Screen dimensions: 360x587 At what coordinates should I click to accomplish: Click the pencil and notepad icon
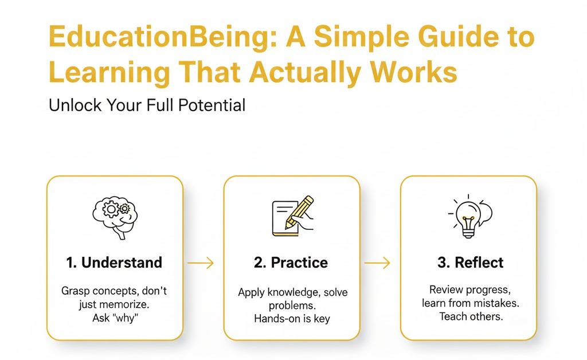pyautogui.click(x=292, y=216)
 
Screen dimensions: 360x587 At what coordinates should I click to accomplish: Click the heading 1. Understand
pyautogui.click(x=114, y=263)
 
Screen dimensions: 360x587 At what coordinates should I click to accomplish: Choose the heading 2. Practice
pyautogui.click(x=291, y=263)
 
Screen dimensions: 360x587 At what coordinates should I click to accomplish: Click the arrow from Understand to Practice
pyautogui.click(x=201, y=263)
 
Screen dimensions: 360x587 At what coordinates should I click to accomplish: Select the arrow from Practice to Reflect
pyautogui.click(x=378, y=263)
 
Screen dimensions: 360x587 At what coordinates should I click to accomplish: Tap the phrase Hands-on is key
pyautogui.click(x=292, y=318)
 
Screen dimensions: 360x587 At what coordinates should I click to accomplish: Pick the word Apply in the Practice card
pyautogui.click(x=251, y=292)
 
